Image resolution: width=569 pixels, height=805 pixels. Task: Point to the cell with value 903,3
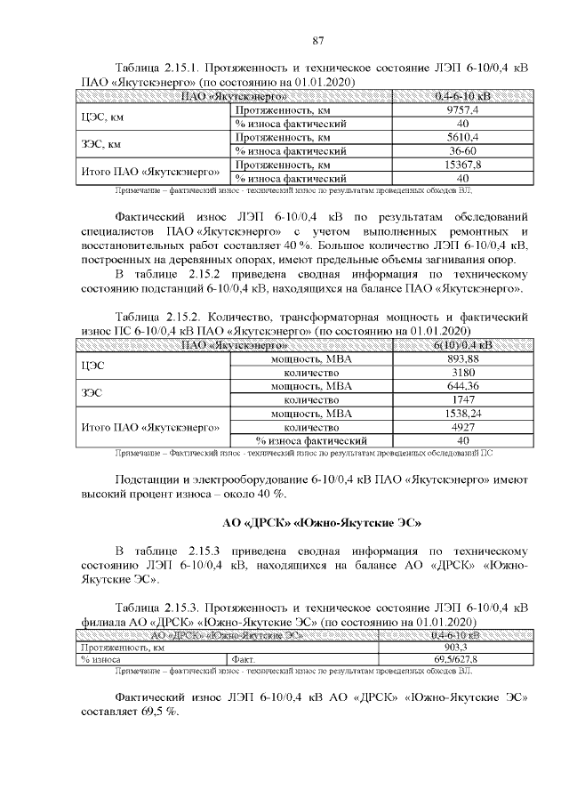455,648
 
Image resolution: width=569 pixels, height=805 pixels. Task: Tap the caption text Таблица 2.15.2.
166,316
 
